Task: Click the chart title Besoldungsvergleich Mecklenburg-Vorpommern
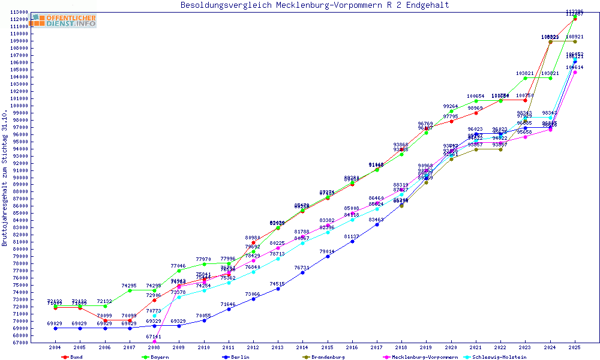pyautogui.click(x=314, y=5)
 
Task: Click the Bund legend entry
pyautogui.click(x=76, y=357)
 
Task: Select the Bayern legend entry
pyautogui.click(x=160, y=357)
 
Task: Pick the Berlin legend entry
pyautogui.click(x=240, y=357)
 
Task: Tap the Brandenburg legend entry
pyautogui.click(x=328, y=357)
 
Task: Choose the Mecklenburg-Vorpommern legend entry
pyautogui.click(x=425, y=357)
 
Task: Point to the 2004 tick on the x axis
pyautogui.click(x=55, y=347)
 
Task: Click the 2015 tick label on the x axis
pyautogui.click(x=327, y=347)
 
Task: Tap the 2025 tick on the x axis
pyautogui.click(x=575, y=347)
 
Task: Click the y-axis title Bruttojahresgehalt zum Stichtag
pyautogui.click(x=5, y=178)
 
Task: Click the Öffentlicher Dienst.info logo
pyautogui.click(x=63, y=20)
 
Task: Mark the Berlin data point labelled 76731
pyautogui.click(x=302, y=272)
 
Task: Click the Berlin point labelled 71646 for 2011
pyautogui.click(x=229, y=309)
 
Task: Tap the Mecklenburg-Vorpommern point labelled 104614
pyautogui.click(x=575, y=73)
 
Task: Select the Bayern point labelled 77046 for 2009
pyautogui.click(x=179, y=271)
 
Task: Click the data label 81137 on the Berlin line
pyautogui.click(x=352, y=236)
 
